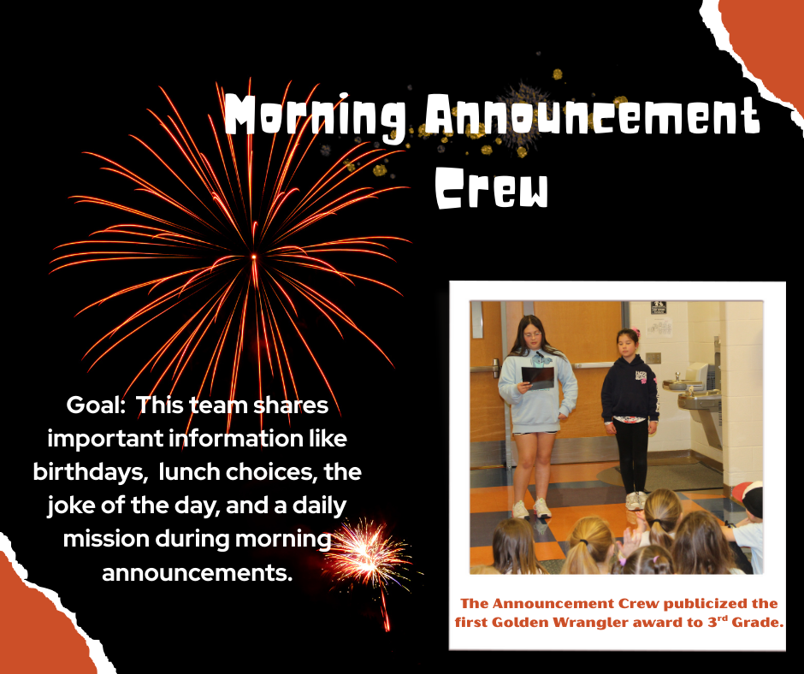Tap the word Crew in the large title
491,187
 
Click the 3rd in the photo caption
712,621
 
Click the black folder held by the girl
538,377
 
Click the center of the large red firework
253,257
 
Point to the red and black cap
746,497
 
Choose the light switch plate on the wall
653,357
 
